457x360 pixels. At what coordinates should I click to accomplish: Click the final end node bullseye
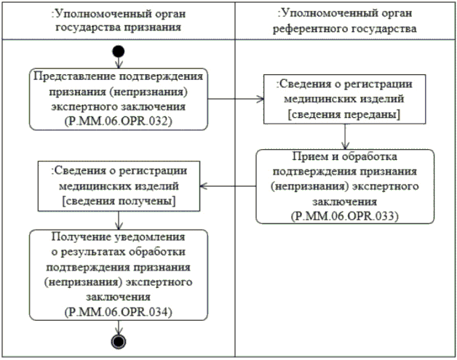click(x=119, y=341)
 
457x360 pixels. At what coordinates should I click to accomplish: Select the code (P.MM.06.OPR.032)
click(x=119, y=123)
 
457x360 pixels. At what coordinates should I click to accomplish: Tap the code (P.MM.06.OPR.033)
click(x=344, y=217)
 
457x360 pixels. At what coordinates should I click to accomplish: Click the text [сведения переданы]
click(x=344, y=115)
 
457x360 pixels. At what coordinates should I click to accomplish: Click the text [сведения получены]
click(x=119, y=199)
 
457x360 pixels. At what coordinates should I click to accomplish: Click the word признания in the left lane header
click(x=153, y=28)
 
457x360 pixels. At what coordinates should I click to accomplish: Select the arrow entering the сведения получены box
click(x=228, y=185)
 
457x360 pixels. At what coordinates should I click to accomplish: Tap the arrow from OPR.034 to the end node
click(x=119, y=327)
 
